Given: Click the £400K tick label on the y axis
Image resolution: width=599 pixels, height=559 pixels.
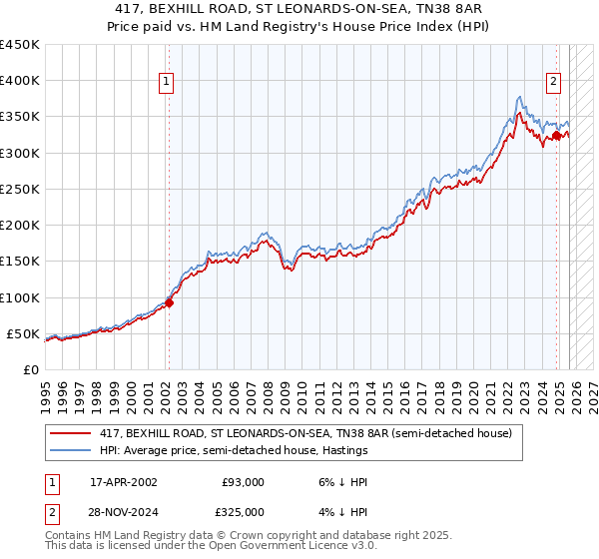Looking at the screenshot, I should pyautogui.click(x=20, y=81).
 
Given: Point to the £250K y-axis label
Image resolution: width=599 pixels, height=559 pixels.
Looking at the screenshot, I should pyautogui.click(x=20, y=189).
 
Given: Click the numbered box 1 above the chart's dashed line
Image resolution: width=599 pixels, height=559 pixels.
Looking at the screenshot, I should pyautogui.click(x=167, y=83).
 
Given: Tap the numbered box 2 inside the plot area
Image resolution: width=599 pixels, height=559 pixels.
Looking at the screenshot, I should pyautogui.click(x=553, y=83).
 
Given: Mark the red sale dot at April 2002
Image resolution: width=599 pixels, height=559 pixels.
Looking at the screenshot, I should pyautogui.click(x=170, y=302).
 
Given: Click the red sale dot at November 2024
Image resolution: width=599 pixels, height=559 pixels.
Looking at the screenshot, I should pyautogui.click(x=556, y=135).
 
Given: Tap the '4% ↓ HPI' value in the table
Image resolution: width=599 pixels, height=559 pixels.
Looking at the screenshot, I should pyautogui.click(x=342, y=511).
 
